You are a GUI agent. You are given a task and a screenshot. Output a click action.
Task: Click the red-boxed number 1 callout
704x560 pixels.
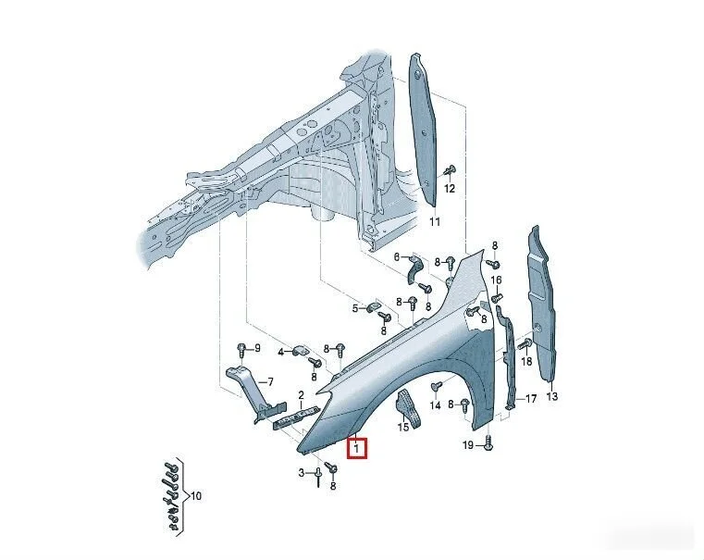(x=357, y=448)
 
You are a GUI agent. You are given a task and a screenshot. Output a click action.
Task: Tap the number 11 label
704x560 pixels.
(x=435, y=221)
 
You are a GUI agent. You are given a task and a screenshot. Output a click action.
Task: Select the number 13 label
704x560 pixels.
(x=552, y=396)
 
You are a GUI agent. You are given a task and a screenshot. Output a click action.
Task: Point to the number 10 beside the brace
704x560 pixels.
(x=196, y=496)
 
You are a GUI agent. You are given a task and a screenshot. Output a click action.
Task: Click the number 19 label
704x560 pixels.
(x=468, y=444)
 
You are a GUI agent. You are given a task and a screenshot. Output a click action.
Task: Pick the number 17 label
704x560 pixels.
(x=531, y=398)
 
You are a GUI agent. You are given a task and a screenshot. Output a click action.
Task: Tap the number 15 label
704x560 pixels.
(x=403, y=427)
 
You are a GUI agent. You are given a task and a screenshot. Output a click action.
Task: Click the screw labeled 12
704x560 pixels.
(x=449, y=171)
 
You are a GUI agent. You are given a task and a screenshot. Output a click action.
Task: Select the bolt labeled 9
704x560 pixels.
(x=241, y=349)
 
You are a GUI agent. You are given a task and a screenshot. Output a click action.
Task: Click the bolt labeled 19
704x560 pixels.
(x=489, y=443)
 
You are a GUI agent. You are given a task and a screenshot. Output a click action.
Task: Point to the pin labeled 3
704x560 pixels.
(x=318, y=477)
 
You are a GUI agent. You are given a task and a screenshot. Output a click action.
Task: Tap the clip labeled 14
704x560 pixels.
(x=437, y=387)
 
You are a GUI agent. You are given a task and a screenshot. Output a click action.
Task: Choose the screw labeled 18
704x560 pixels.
(x=525, y=344)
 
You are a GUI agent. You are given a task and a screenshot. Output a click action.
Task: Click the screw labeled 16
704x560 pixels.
(x=497, y=298)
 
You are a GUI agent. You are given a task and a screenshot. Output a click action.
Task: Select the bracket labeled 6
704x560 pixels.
(x=415, y=269)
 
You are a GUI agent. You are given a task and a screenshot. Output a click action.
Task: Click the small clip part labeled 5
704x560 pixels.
(x=374, y=307)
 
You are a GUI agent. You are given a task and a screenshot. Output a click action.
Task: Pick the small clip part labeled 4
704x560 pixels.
(x=300, y=351)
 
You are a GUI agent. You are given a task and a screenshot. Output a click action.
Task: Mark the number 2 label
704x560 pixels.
(x=302, y=395)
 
